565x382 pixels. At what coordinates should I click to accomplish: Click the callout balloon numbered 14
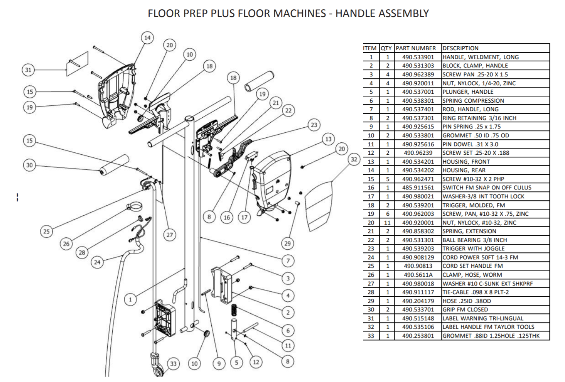pyautogui.click(x=147, y=38)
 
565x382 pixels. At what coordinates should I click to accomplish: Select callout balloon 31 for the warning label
pyautogui.click(x=28, y=70)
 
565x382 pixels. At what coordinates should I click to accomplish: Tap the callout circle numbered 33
pyautogui.click(x=173, y=363)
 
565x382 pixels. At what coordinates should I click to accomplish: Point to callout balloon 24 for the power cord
pyautogui.click(x=97, y=262)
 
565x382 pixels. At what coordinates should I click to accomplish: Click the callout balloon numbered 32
pyautogui.click(x=354, y=159)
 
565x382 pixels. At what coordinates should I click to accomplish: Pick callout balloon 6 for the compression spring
pyautogui.click(x=288, y=330)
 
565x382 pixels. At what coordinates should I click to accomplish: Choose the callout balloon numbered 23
pyautogui.click(x=314, y=125)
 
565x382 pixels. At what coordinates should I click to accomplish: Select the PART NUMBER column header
pyautogui.click(x=416, y=48)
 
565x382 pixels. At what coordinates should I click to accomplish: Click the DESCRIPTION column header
pyautogui.click(x=460, y=48)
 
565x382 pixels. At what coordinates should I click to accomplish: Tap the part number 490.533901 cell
pyautogui.click(x=418, y=57)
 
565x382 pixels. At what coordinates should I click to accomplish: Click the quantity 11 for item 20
pyautogui.click(x=387, y=223)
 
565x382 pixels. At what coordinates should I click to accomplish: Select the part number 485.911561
pyautogui.click(x=418, y=188)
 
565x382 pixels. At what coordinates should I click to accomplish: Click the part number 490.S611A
pyautogui.click(x=418, y=275)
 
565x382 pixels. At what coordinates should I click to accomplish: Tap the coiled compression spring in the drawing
pyautogui.click(x=234, y=311)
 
